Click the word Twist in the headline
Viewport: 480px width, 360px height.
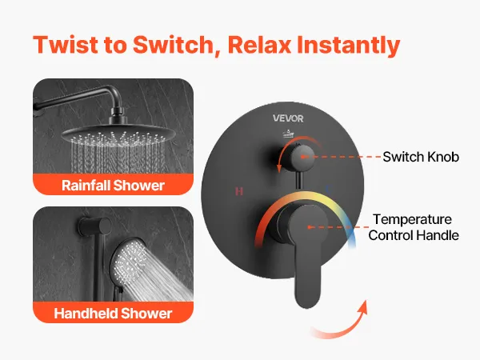point(66,45)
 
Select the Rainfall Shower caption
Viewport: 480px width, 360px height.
point(113,186)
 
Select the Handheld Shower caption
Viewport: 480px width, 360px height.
point(113,313)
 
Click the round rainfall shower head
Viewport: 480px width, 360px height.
point(118,134)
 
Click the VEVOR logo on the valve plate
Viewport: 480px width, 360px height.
point(288,118)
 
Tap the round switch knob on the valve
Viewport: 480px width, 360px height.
point(302,157)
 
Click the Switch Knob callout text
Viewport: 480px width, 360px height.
point(421,157)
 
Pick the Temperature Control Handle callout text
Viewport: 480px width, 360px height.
point(414,227)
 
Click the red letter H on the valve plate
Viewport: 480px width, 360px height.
point(239,191)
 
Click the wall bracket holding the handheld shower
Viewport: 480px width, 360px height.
point(94,227)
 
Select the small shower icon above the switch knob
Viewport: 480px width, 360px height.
point(288,134)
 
